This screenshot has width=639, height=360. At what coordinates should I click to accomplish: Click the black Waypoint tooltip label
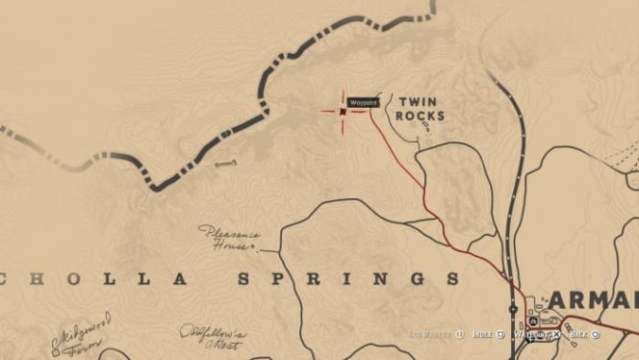[363, 102]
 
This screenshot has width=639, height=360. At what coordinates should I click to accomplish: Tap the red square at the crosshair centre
[343, 111]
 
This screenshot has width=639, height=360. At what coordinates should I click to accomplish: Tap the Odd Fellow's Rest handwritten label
[212, 337]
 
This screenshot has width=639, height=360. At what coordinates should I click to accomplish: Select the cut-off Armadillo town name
[592, 299]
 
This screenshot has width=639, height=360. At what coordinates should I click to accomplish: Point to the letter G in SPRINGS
[415, 279]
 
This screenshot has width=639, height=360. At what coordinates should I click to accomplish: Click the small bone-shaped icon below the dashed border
[226, 166]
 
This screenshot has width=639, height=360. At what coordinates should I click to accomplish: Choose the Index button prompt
[486, 334]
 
